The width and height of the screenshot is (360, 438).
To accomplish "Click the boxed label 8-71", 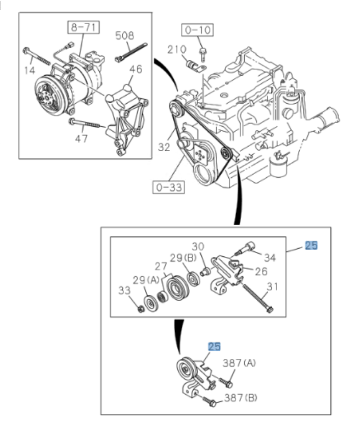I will [x=81, y=25].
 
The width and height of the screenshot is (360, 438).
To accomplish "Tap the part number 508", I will [x=125, y=36].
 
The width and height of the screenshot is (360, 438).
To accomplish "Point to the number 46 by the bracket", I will [x=135, y=70].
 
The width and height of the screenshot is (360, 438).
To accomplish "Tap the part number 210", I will [x=177, y=50].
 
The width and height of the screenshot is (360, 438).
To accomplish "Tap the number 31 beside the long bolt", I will [x=273, y=286].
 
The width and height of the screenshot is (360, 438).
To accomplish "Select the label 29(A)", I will [x=147, y=280].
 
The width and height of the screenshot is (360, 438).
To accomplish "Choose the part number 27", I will [x=160, y=266].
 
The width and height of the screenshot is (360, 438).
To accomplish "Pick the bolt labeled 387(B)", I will [x=212, y=404].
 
